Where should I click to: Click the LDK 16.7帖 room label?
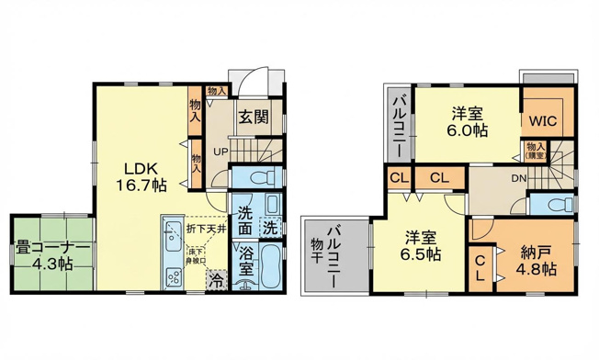(140, 176)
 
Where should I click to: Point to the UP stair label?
(221, 152)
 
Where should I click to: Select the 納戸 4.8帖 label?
(536, 260)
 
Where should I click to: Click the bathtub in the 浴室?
(271, 266)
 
